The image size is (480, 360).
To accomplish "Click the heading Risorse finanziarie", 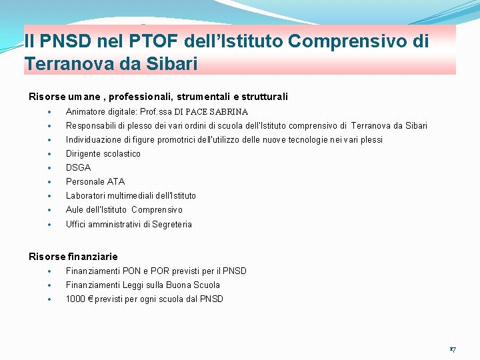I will pos(73,257).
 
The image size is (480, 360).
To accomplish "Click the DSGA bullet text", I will pos(78,168).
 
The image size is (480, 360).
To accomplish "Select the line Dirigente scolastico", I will pos(103,154).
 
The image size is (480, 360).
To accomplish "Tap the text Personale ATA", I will pos(95,182).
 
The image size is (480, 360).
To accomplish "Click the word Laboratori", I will pos(86,196).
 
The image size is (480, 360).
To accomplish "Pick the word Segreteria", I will pos(172,225).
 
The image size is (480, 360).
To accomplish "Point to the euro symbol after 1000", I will pos(91,299).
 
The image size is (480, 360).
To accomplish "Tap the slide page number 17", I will pos(452,349).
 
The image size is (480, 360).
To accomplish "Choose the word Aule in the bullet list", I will pos(75,210).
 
